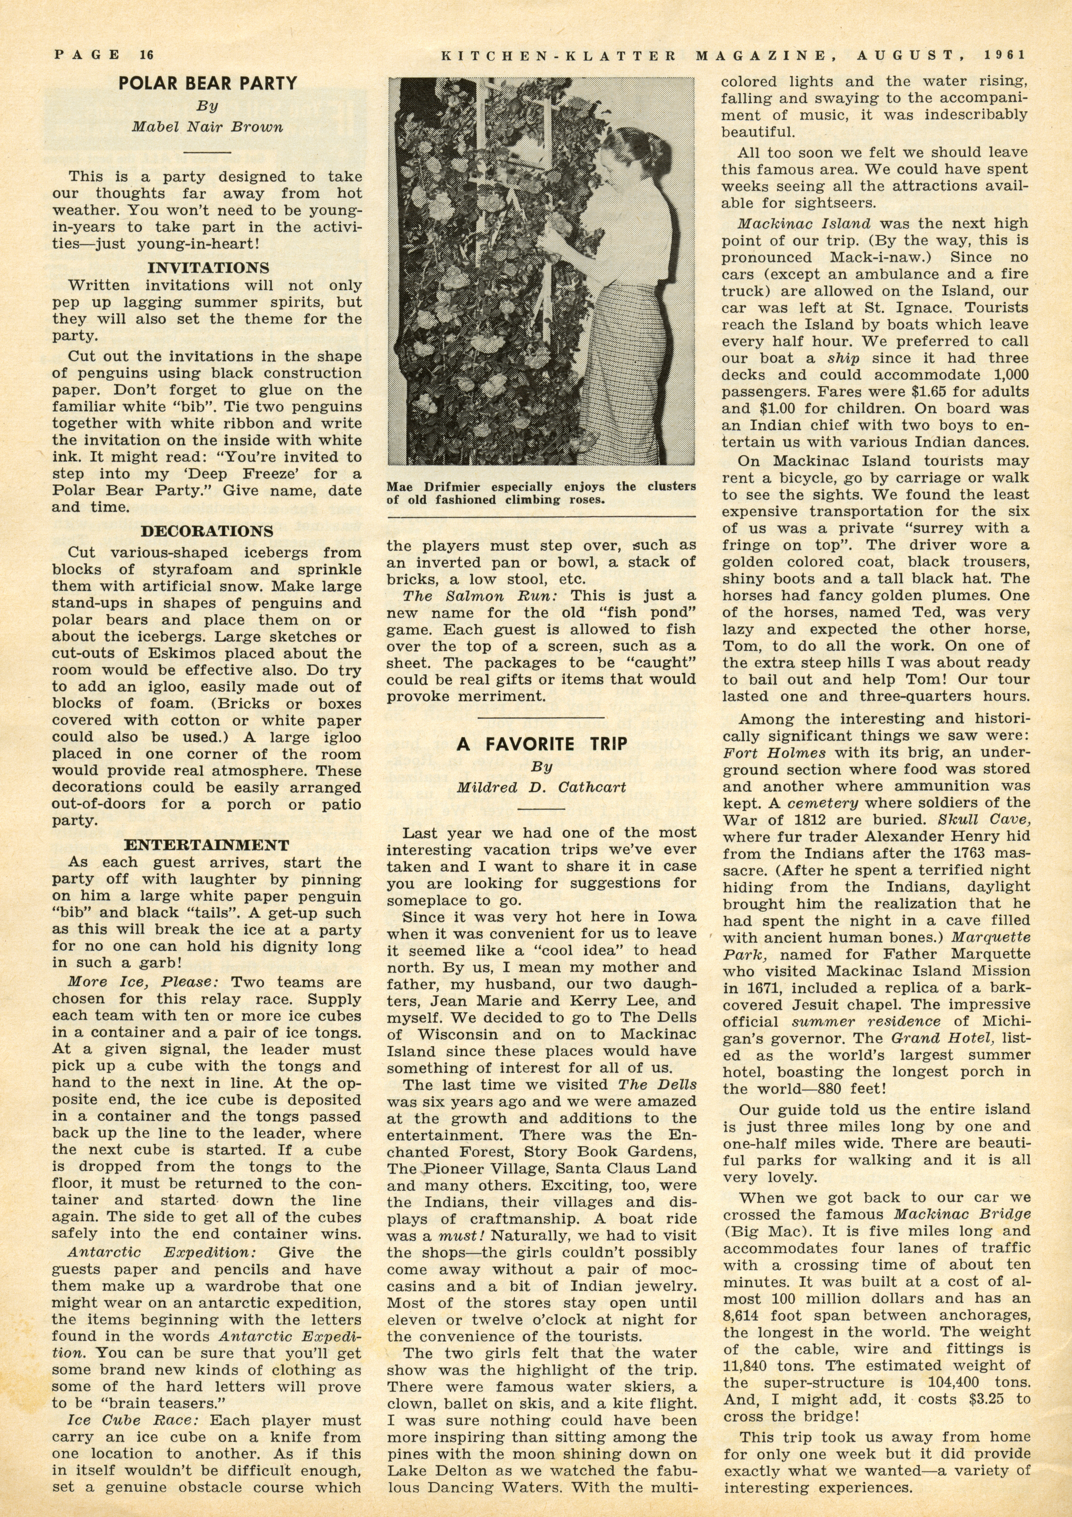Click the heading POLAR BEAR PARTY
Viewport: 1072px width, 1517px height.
click(207, 83)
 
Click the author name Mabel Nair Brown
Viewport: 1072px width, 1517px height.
click(207, 127)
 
